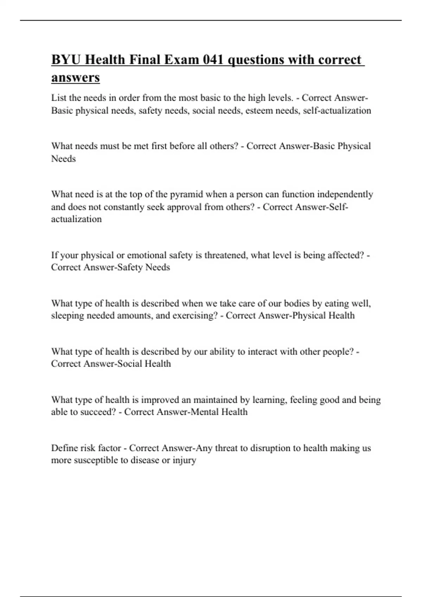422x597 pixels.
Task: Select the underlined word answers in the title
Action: point(76,77)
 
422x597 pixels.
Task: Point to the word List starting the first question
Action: point(59,98)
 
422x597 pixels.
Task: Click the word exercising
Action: point(195,315)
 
